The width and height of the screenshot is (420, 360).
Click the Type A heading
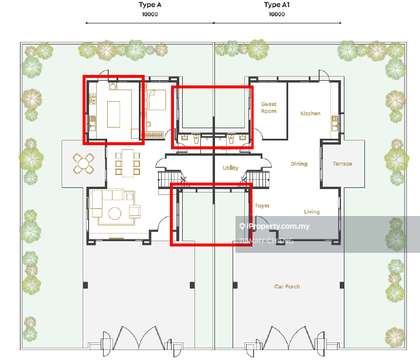click(150, 5)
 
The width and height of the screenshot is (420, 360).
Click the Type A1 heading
click(276, 5)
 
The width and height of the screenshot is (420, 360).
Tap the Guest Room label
click(269, 108)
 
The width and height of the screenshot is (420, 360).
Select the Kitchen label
click(310, 114)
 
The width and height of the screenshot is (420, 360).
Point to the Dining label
click(299, 163)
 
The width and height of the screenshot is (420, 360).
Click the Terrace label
click(342, 163)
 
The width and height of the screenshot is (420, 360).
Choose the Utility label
click(230, 168)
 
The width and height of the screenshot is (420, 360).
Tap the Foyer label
click(262, 205)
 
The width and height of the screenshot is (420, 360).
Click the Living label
click(312, 212)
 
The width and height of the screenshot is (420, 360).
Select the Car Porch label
click(287, 286)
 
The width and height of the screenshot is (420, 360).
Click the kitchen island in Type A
click(114, 114)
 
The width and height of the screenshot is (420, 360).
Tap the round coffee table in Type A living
click(115, 214)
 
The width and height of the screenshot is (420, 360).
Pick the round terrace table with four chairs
click(83, 163)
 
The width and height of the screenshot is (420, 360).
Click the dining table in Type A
click(128, 163)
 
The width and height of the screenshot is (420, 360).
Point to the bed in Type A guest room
click(157, 100)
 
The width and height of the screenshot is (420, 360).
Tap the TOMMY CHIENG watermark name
click(267, 241)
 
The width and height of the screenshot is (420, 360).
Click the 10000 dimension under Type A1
click(276, 14)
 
